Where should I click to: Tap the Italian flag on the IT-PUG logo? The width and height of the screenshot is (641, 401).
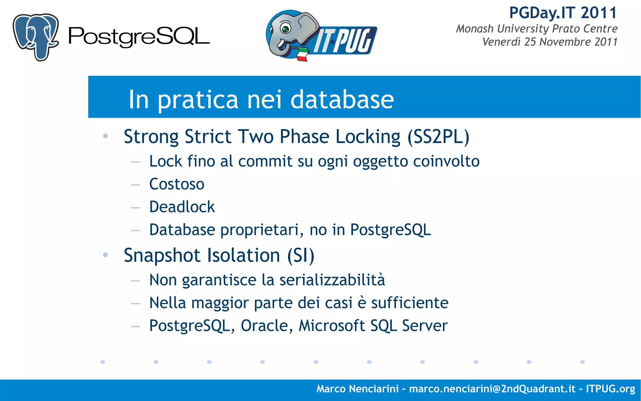pyautogui.click(x=301, y=55)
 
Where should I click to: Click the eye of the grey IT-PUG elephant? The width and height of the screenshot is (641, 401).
pyautogui.click(x=285, y=29)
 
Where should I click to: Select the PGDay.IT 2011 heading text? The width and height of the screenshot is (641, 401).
pyautogui.click(x=563, y=13)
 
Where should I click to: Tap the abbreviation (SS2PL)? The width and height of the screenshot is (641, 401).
pyautogui.click(x=438, y=137)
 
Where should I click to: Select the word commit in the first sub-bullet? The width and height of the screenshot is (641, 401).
pyautogui.click(x=265, y=162)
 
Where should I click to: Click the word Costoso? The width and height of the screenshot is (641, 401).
pyautogui.click(x=177, y=184)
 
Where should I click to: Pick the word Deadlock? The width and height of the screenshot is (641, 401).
pyautogui.click(x=182, y=207)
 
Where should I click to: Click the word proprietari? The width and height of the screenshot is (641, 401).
pyautogui.click(x=262, y=230)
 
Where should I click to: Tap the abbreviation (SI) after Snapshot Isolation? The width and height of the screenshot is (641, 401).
pyautogui.click(x=301, y=256)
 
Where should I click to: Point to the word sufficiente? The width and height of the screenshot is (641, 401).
pyautogui.click(x=410, y=303)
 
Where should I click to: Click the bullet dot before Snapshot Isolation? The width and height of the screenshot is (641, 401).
pyautogui.click(x=105, y=255)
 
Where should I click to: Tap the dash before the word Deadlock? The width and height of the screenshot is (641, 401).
pyautogui.click(x=136, y=208)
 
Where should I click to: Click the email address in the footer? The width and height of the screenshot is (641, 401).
pyautogui.click(x=492, y=389)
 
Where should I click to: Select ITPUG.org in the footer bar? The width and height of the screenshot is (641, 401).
pyautogui.click(x=610, y=389)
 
